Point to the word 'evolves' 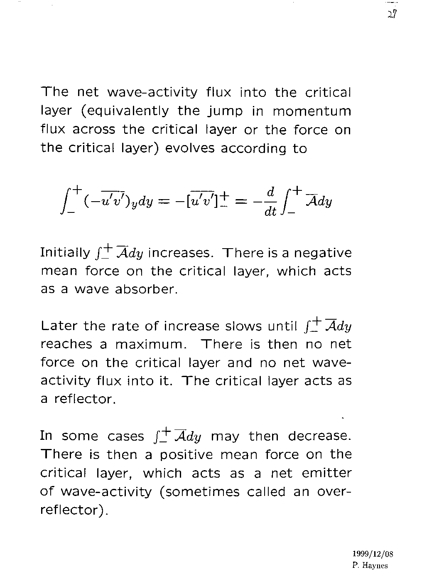click(190, 148)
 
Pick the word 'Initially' click(65, 253)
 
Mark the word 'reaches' click(66, 345)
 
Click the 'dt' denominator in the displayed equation click(270, 212)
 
